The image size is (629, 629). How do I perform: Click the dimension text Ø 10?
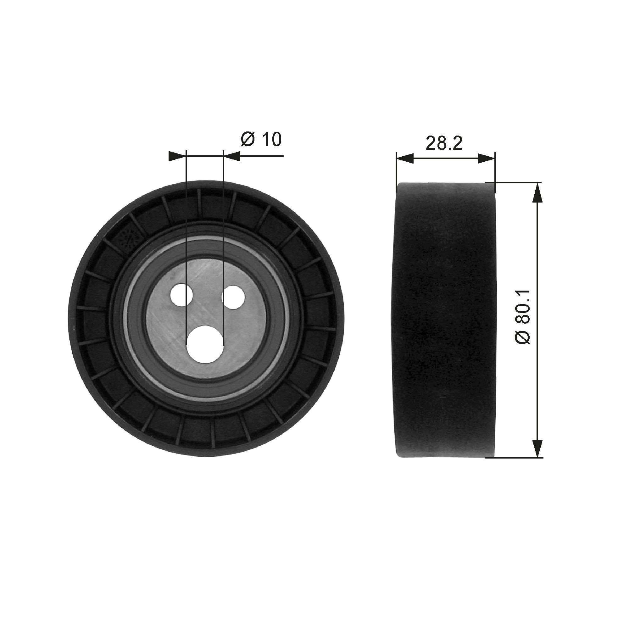(x=261, y=139)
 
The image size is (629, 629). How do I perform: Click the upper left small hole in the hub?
(x=182, y=295)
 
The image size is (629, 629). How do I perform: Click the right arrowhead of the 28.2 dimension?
(x=487, y=159)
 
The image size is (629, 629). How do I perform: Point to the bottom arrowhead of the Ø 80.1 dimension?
(x=538, y=448)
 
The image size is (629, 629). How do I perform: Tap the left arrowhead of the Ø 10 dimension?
(x=177, y=156)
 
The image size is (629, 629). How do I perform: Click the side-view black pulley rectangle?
(x=444, y=319)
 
